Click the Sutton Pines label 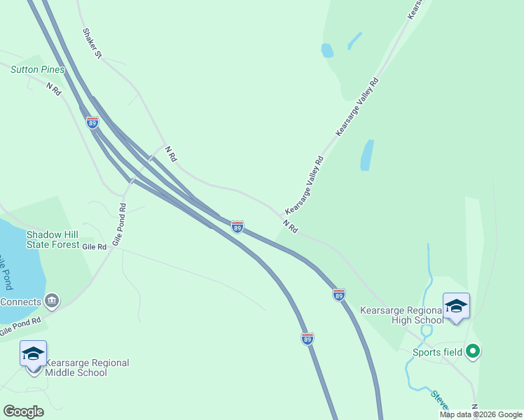[x=38, y=69]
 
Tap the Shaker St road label [x=92, y=43]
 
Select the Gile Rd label [x=94, y=246]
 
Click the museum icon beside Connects [x=51, y=301]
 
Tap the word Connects [x=20, y=302]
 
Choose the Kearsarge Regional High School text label [x=401, y=315]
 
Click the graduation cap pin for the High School [x=456, y=307]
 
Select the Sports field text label [x=437, y=352]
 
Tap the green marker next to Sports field [x=473, y=351]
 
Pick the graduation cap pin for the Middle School [x=33, y=354]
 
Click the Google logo [x=23, y=412]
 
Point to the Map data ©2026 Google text [x=481, y=415]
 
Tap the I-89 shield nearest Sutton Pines [x=92, y=122]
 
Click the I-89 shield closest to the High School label [x=339, y=295]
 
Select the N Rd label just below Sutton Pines [x=55, y=89]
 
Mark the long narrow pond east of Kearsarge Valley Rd [x=366, y=155]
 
